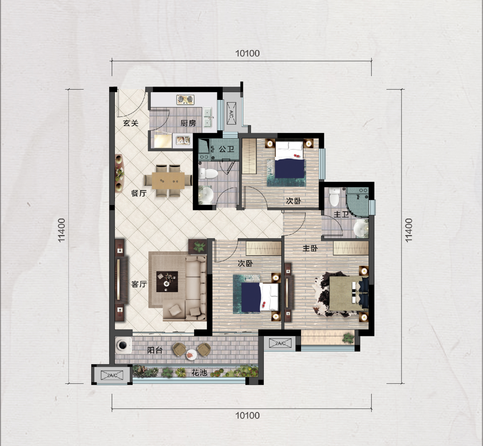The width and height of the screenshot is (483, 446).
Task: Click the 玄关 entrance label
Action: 131,123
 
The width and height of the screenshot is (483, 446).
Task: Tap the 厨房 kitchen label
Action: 188,123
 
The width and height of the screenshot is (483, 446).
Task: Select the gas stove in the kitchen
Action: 186,99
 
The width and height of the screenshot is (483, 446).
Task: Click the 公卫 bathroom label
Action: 226,149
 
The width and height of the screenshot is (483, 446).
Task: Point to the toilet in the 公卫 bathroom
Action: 208,174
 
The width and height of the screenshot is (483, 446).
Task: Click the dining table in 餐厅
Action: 168,181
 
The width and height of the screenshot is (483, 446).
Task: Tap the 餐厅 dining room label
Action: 139,193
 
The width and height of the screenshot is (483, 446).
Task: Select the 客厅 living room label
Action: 139,284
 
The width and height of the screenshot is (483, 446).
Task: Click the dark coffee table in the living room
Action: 167,282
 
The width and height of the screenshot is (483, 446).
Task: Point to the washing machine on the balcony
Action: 123,345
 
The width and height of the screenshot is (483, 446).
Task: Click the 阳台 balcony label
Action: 155,350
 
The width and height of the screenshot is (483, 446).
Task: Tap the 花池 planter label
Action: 199,373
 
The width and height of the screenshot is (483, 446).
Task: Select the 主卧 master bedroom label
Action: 310,248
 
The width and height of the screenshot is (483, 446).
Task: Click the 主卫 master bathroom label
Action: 341,214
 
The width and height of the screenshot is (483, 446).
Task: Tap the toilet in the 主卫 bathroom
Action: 334,197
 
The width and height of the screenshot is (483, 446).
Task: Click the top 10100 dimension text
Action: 247,53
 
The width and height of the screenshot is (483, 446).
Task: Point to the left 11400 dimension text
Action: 62,230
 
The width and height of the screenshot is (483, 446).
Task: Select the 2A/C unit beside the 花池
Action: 112,375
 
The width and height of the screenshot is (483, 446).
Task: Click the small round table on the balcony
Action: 191,355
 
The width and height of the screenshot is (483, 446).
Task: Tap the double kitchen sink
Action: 208,117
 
